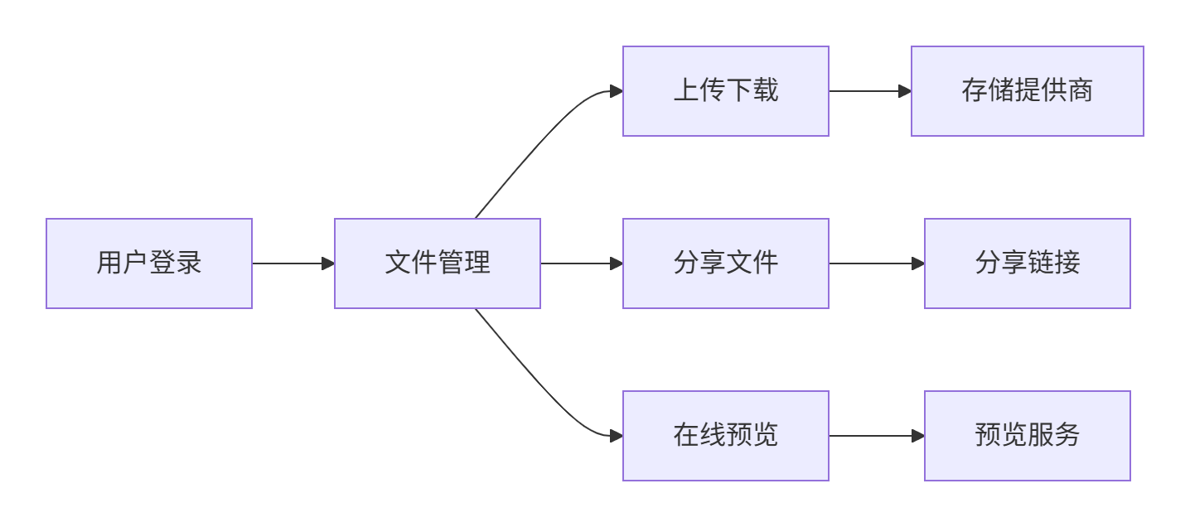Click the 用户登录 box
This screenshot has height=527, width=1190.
click(149, 263)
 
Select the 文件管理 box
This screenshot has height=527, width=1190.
click(438, 263)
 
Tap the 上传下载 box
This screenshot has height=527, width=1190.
click(726, 91)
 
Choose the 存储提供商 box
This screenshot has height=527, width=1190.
click(1028, 91)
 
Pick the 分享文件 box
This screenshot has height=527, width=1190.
click(726, 263)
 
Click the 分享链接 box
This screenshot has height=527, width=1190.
click(1028, 263)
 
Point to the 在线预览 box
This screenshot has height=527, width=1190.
click(726, 436)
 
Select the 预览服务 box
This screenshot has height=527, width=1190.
click(1028, 436)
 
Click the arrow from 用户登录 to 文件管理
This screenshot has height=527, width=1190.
click(290, 263)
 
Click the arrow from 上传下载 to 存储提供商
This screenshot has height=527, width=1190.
click(866, 91)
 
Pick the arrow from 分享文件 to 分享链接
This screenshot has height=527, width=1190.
click(874, 263)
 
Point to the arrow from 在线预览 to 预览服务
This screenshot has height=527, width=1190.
click(874, 436)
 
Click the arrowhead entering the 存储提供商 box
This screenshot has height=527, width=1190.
click(905, 91)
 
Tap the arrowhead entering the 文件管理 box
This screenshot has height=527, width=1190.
click(328, 263)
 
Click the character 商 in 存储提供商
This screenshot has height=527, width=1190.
click(1081, 90)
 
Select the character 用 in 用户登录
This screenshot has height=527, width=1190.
click(109, 263)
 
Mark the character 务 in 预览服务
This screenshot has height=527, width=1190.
click(1067, 435)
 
